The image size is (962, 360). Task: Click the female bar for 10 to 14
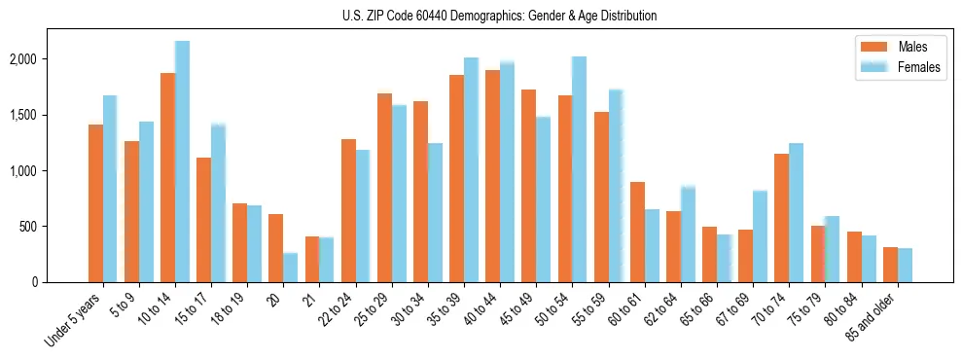point(182,162)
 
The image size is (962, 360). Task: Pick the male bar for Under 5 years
point(95,203)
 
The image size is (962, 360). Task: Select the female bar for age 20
point(291,268)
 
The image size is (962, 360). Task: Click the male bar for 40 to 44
point(493,176)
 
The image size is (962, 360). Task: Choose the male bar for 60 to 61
point(637,232)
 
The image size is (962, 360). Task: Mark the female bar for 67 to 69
point(761,236)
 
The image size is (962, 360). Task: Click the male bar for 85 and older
point(890,265)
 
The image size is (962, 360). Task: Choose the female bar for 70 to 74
point(797,212)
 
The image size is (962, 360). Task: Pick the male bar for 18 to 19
point(239,242)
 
